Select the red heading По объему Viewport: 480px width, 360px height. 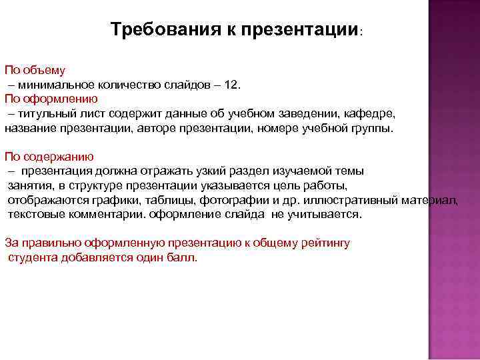click(35, 70)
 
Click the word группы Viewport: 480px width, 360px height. click(371, 128)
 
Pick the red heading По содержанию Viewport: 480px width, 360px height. click(49, 157)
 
